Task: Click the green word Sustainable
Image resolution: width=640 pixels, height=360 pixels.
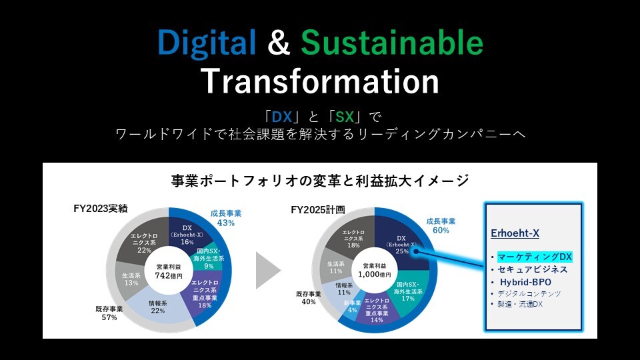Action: point(392,41)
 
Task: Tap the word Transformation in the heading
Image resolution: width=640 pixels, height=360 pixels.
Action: point(319,81)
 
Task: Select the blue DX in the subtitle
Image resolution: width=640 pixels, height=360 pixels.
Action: point(281,117)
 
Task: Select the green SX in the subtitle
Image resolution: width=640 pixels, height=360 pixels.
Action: point(345,117)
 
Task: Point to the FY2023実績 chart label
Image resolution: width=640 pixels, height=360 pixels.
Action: point(101,209)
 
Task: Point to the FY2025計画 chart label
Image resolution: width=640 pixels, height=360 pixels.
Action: point(317,210)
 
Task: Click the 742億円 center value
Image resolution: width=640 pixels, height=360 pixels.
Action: point(169,275)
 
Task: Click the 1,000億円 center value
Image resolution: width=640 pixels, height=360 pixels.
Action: point(374,274)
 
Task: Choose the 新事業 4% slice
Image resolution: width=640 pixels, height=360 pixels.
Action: point(351,307)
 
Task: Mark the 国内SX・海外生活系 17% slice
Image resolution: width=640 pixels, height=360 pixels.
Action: point(408,291)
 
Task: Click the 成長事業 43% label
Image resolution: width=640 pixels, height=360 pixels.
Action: point(226,218)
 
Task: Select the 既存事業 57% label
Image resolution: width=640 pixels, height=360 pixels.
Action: point(109,313)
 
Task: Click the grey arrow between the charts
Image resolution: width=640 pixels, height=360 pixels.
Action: point(268,270)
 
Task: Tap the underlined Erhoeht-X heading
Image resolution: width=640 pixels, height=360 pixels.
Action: point(515,233)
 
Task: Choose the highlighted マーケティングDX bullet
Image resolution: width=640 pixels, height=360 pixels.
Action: point(534,257)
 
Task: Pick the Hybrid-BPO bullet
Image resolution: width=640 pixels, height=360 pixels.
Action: point(525,282)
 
